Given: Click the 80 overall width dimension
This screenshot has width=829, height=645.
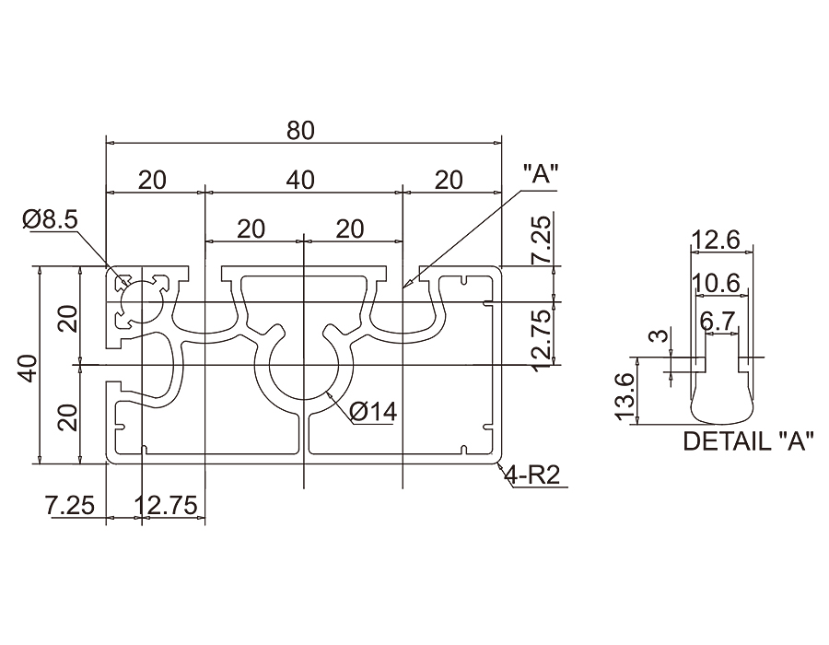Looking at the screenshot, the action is click(x=300, y=130).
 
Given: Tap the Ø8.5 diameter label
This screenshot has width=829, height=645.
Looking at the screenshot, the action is click(x=50, y=219).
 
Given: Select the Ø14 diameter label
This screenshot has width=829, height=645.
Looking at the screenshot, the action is click(x=373, y=411).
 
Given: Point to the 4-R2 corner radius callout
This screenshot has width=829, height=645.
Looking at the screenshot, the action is click(x=532, y=475).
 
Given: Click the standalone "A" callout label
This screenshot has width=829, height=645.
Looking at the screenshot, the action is click(x=540, y=174).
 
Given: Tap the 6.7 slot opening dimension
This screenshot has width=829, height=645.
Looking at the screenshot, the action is click(x=718, y=321).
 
